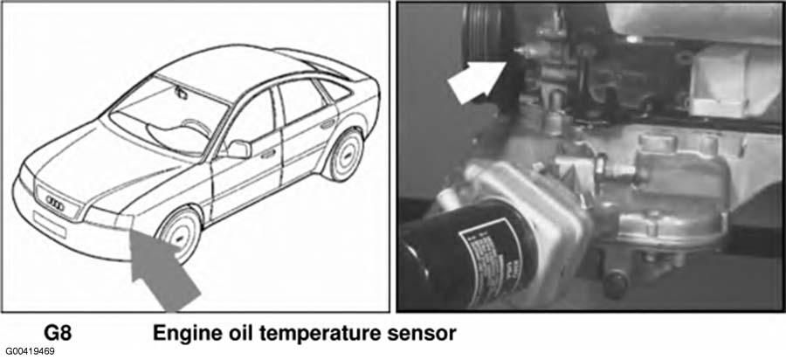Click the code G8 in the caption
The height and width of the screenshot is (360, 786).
58,334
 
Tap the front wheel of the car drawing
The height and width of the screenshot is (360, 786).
180,233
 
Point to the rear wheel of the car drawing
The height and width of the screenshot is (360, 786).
347,155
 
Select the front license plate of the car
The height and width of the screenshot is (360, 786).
49,224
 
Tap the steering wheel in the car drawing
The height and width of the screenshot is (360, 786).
196,128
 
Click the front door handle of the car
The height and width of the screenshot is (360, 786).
268,152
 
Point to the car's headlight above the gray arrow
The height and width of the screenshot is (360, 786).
107,218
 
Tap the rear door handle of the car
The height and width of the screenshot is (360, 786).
327,123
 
